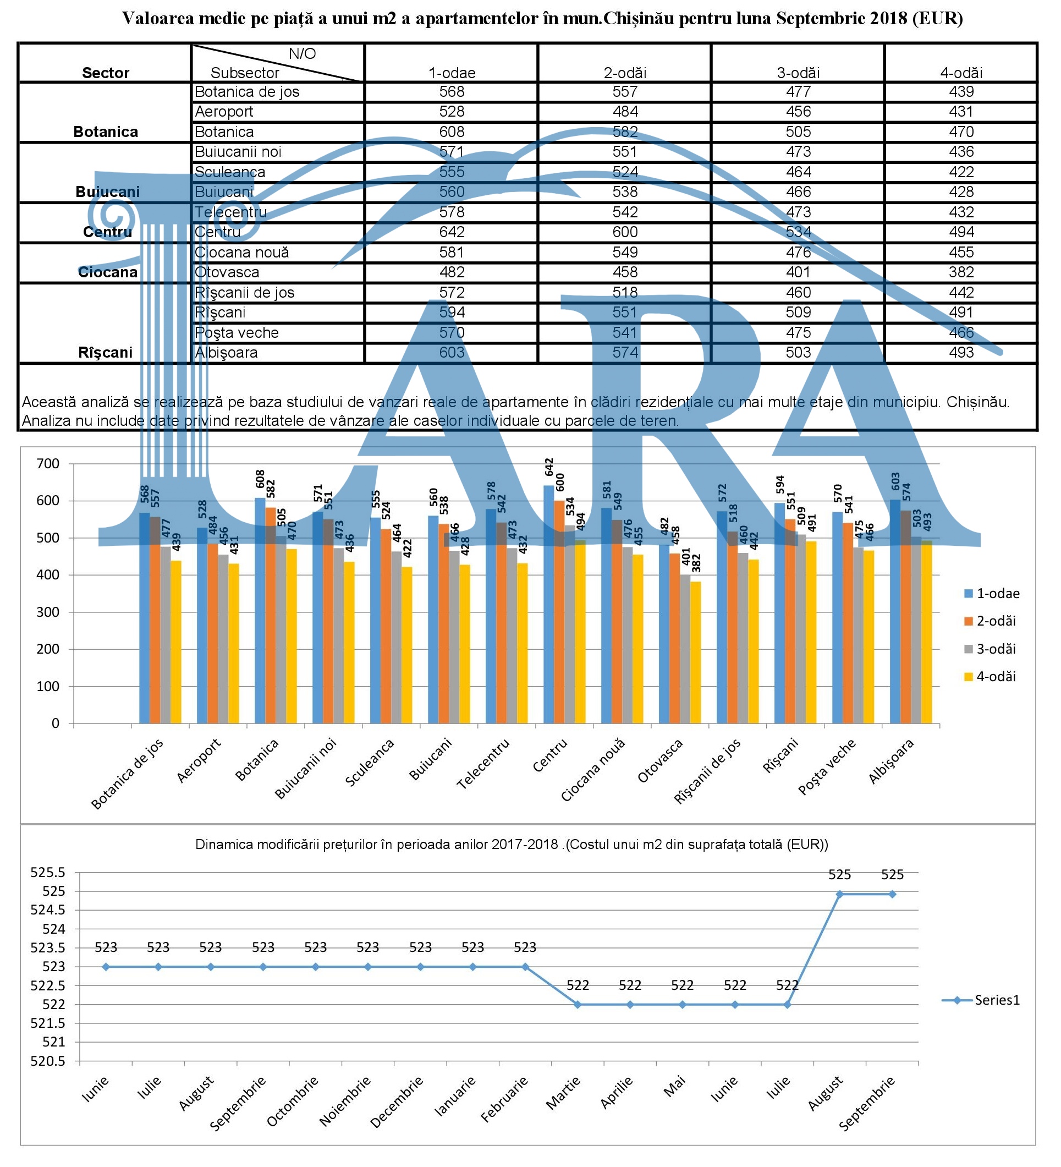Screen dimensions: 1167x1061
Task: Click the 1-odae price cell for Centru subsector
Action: pos(451,232)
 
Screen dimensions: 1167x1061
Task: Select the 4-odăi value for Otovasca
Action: pos(961,272)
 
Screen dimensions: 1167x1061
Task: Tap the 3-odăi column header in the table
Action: pos(798,73)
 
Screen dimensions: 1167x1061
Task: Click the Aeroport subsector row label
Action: pos(224,112)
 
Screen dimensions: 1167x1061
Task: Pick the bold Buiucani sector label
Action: pos(108,191)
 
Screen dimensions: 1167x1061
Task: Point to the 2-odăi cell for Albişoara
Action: pos(625,353)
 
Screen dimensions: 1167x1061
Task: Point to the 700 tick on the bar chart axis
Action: pos(48,464)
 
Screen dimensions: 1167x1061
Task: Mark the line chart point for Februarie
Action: pos(525,967)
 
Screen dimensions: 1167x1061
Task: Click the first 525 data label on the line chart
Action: pos(839,875)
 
